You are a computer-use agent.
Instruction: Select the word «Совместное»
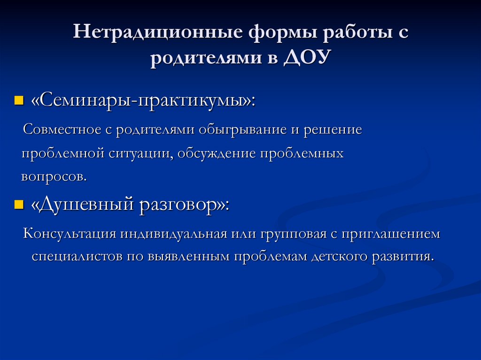tap(62, 130)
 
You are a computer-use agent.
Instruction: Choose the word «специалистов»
tap(78, 257)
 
